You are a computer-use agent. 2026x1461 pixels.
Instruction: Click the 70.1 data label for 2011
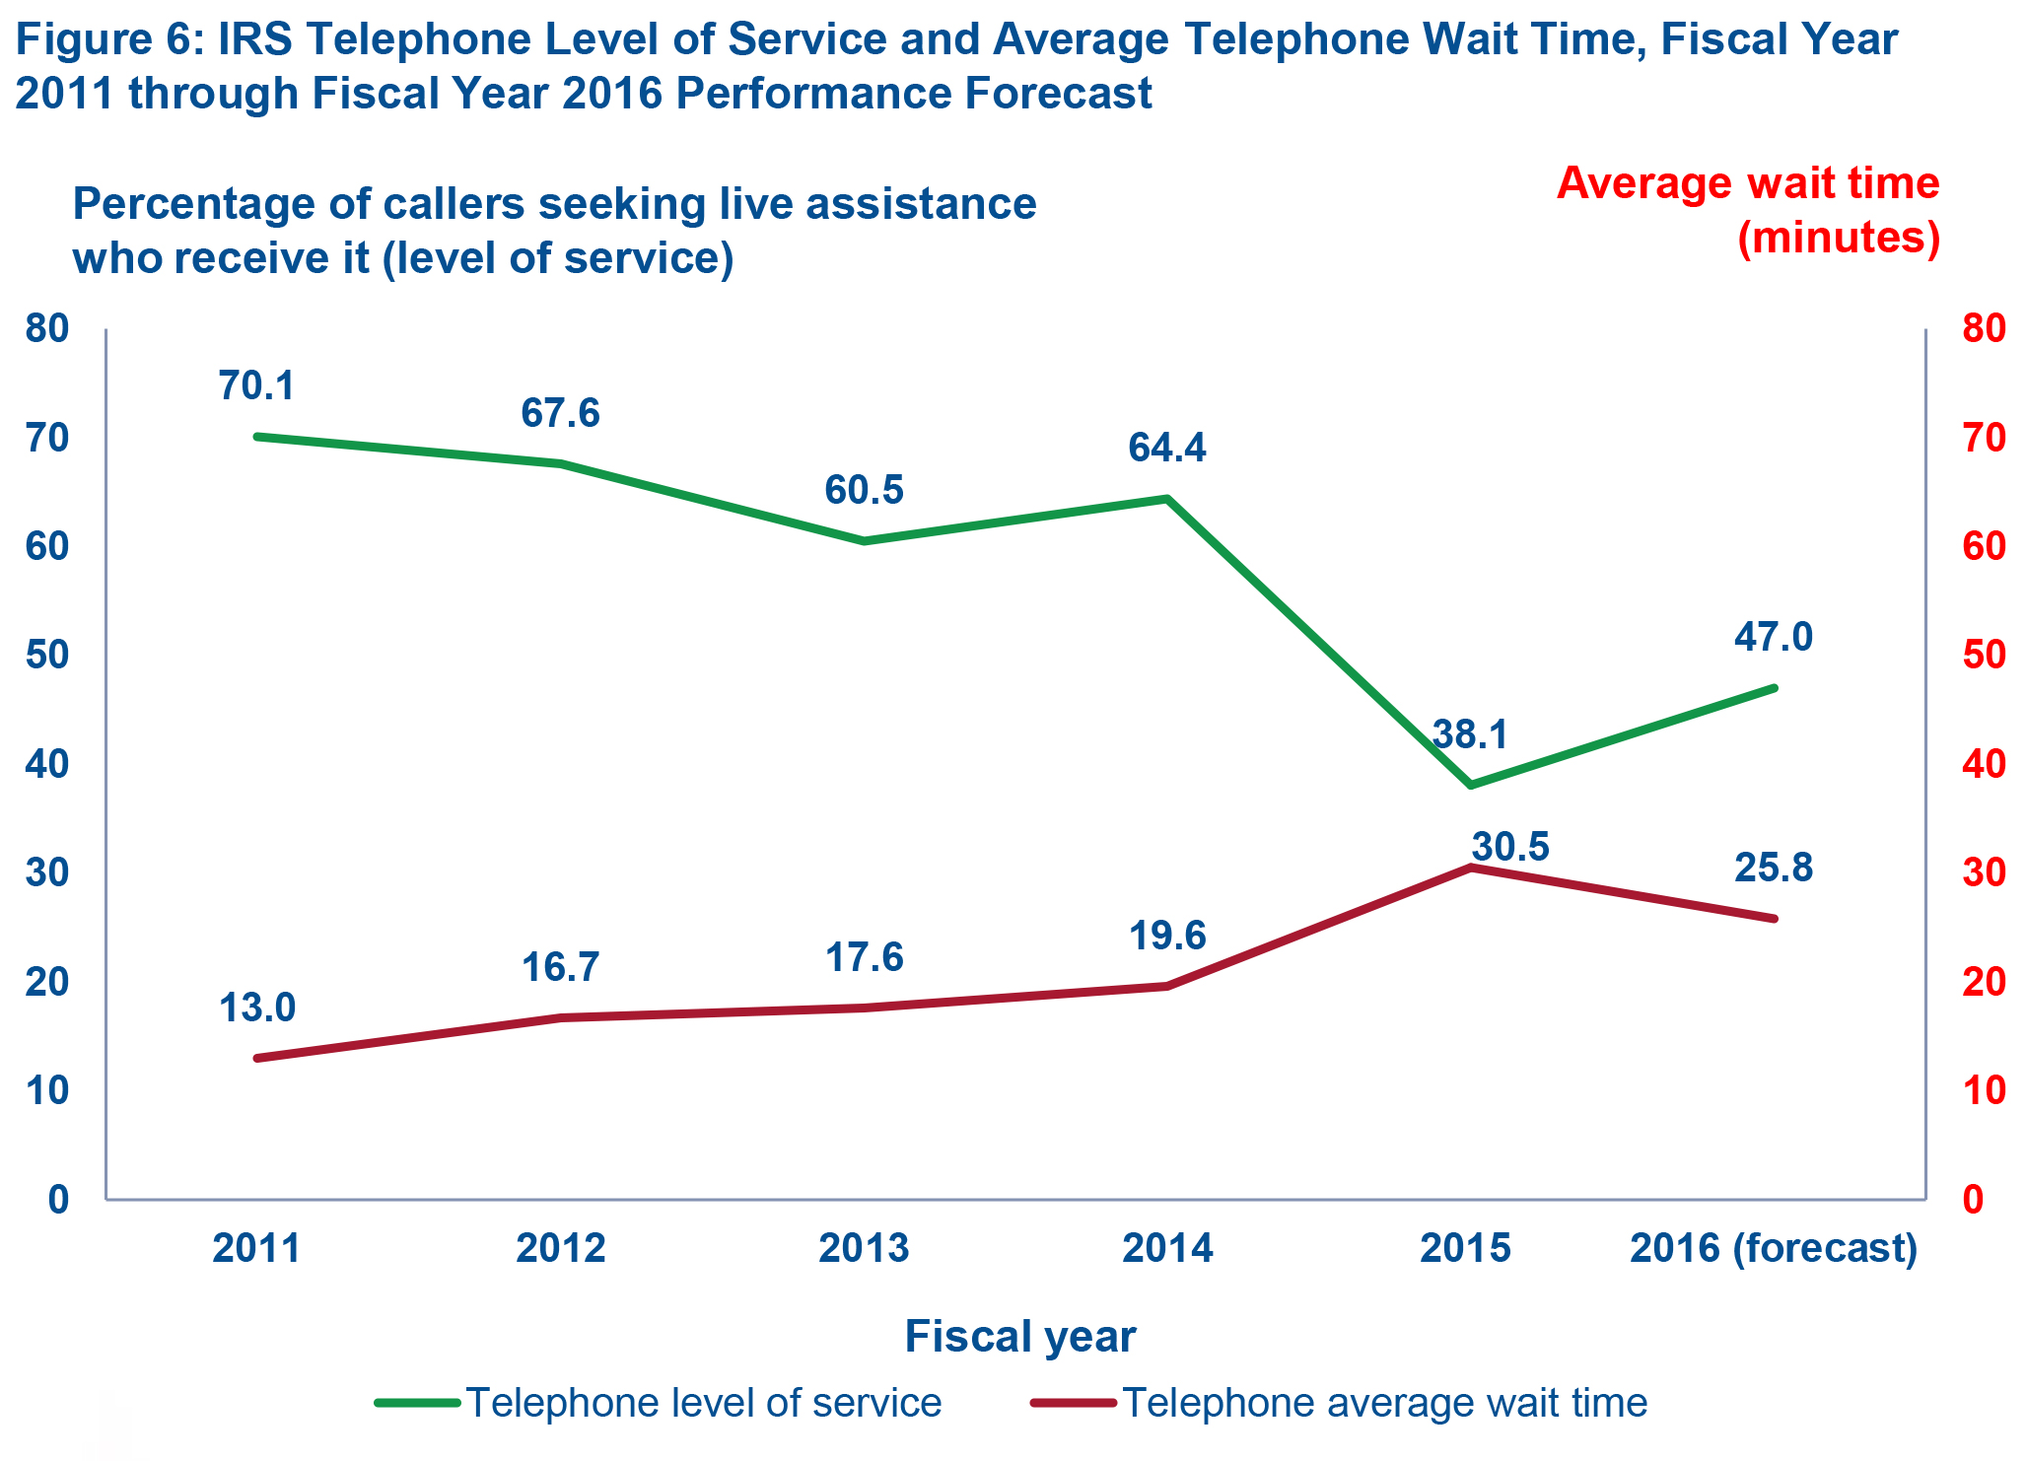256,385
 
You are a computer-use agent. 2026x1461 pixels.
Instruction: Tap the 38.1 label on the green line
1470,734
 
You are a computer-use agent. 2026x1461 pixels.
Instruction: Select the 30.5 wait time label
1510,847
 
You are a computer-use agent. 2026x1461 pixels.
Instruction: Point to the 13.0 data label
256,1008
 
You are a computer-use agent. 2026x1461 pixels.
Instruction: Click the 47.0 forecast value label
1773,637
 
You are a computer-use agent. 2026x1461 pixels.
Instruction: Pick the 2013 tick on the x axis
864,1248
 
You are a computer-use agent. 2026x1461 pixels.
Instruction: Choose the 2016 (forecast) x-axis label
1774,1248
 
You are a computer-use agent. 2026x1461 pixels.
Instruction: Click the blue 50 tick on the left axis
47,656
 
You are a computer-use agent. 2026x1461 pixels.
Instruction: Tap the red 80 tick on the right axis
1984,328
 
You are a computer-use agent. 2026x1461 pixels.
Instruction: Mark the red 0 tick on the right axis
1973,1199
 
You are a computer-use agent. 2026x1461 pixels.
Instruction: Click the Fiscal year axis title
1020,1337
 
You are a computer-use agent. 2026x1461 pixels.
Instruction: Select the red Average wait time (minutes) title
1747,210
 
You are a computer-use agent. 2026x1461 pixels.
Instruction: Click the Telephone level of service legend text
703,1402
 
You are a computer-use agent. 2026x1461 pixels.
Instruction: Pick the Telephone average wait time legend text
1384,1402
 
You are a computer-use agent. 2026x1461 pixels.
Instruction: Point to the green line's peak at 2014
1167,499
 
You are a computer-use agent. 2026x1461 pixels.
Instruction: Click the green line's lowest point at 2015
1471,785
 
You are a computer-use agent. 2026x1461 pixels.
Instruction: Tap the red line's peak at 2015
1471,868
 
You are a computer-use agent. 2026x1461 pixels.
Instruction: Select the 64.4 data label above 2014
1167,448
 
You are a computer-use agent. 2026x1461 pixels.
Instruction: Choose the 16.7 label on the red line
560,967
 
